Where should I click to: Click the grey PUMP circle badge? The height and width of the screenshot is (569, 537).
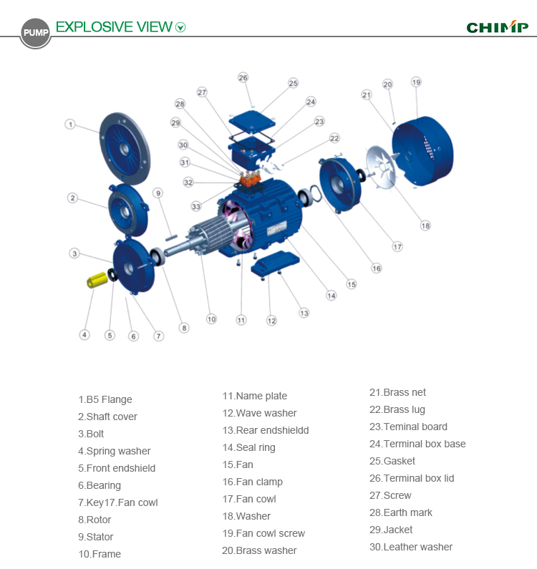click(35, 33)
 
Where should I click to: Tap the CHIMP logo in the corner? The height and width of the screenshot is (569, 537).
click(497, 27)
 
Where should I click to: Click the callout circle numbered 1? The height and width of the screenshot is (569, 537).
click(70, 124)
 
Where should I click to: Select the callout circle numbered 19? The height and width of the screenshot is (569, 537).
click(416, 82)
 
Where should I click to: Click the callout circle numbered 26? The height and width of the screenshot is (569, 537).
click(243, 77)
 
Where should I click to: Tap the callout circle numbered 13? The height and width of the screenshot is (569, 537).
click(304, 313)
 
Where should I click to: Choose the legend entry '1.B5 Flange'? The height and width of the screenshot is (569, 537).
click(105, 399)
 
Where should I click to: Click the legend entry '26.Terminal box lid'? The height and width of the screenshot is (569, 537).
click(412, 478)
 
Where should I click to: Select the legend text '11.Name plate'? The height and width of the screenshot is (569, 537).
click(254, 396)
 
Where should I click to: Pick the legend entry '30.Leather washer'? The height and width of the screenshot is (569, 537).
click(411, 547)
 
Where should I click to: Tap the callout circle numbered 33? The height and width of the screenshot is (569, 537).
click(195, 207)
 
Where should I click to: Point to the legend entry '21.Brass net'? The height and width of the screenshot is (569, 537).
click(397, 392)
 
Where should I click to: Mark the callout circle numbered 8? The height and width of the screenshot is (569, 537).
click(184, 328)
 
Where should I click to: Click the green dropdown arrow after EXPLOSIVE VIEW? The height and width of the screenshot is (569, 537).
click(180, 28)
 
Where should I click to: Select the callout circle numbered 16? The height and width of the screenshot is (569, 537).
click(376, 268)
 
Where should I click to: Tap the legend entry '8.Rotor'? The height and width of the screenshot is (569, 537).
click(95, 520)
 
